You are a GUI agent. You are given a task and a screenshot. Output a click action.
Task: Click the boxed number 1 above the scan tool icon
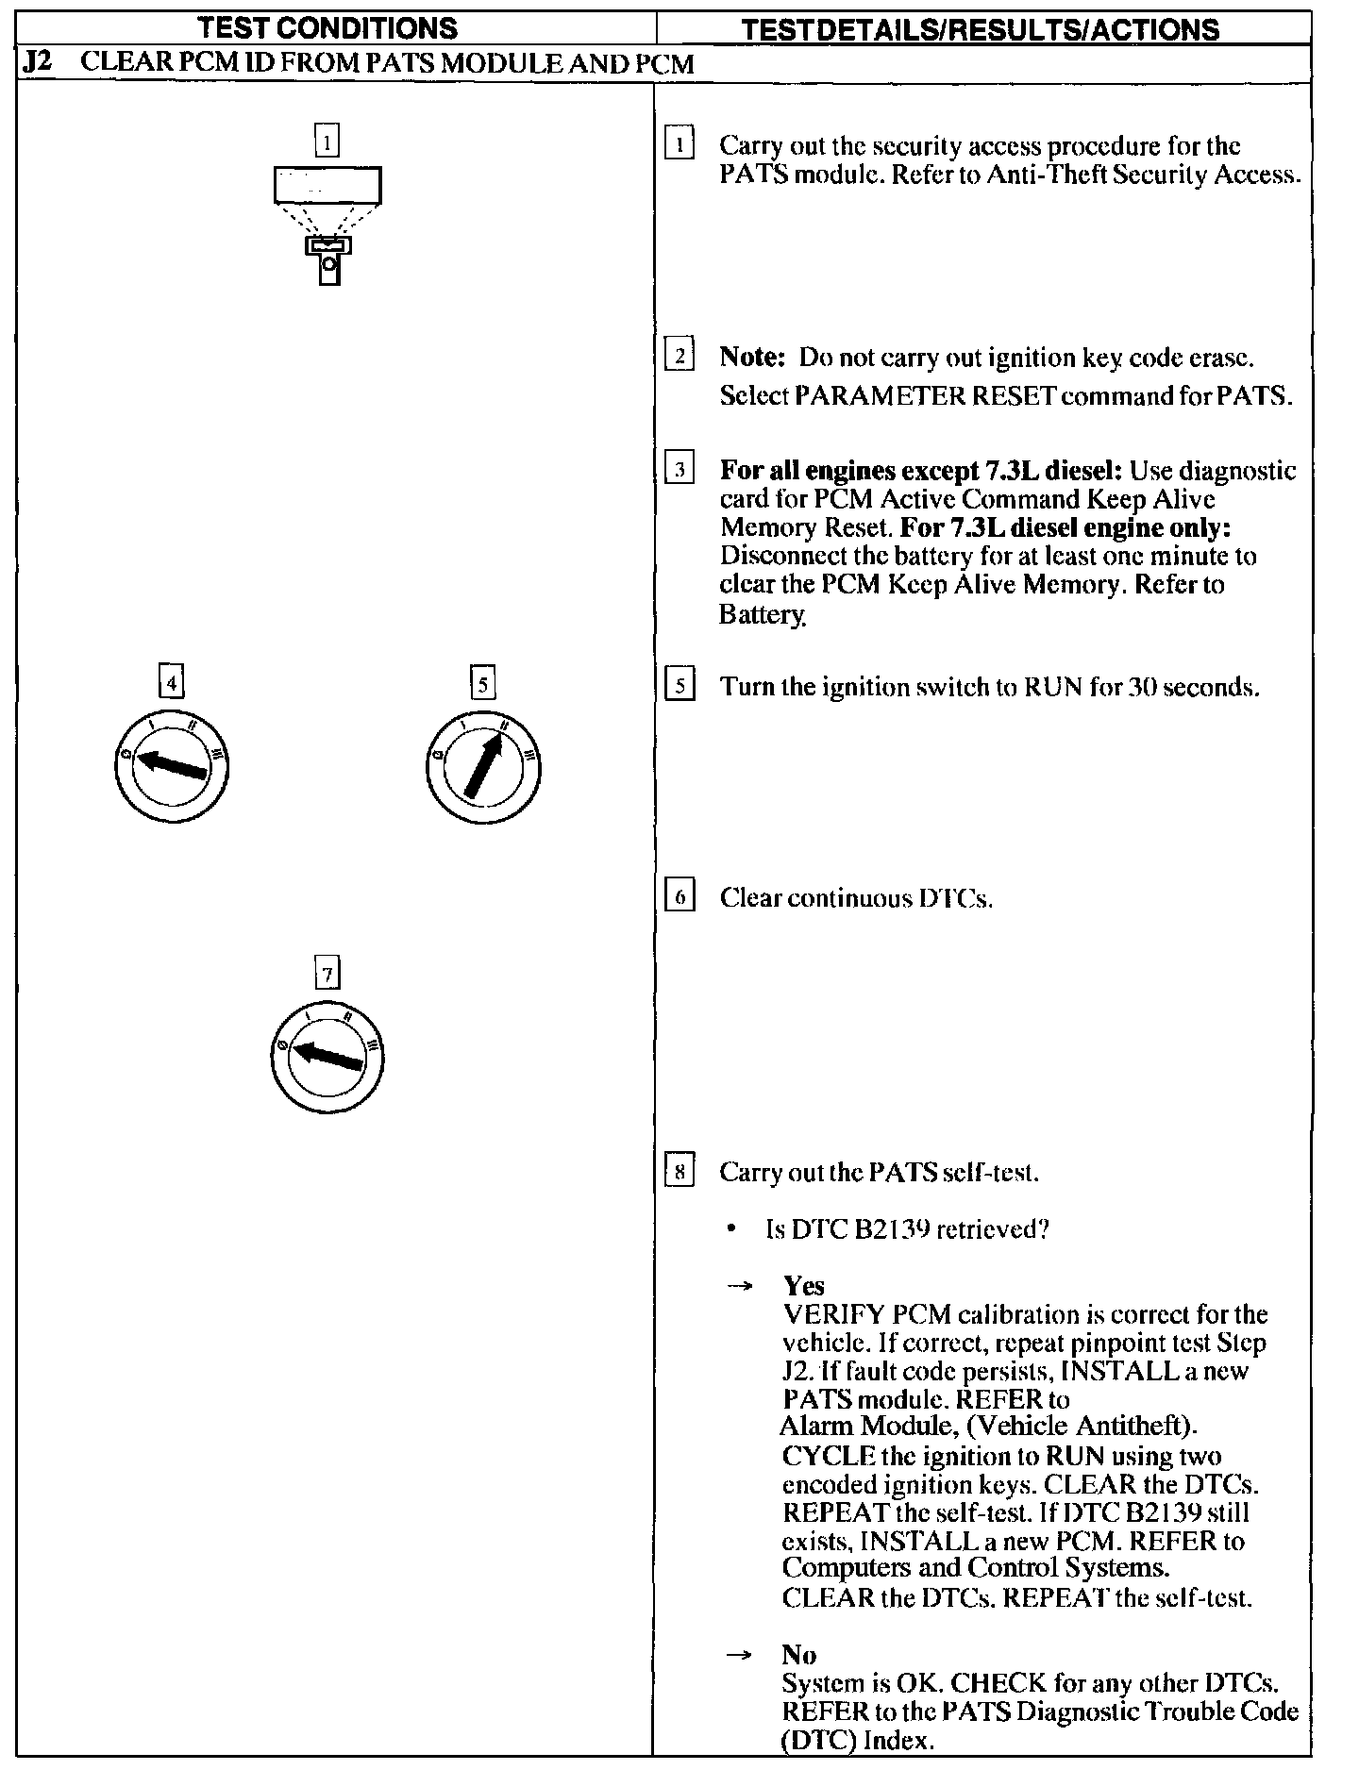click(327, 142)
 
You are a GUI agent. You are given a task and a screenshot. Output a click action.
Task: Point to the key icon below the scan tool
click(328, 259)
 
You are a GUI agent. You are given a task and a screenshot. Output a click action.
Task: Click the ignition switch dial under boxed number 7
click(327, 1055)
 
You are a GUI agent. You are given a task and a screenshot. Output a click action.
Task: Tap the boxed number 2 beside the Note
click(679, 356)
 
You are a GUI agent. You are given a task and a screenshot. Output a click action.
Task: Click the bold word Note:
click(752, 358)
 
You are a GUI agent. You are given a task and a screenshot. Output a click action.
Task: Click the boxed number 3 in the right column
click(679, 469)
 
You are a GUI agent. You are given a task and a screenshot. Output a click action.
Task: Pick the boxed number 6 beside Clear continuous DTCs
click(679, 895)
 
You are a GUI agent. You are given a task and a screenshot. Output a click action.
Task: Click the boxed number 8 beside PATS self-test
click(679, 1172)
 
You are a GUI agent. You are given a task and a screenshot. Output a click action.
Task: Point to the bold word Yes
click(803, 1285)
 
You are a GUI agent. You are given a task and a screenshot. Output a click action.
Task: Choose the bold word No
click(798, 1654)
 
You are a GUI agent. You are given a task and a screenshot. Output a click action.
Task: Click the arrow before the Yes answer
click(743, 1286)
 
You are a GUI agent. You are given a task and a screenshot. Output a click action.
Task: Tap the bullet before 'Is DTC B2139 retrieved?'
click(731, 1230)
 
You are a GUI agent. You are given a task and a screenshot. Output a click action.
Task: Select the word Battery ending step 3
click(763, 614)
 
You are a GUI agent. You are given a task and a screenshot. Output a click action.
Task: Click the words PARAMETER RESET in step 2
click(925, 395)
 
